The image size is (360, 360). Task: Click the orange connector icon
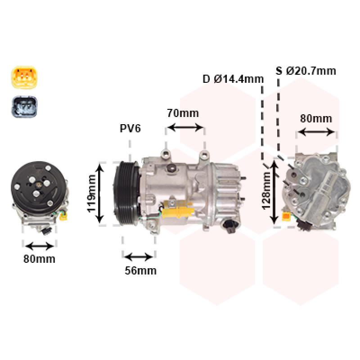[x=24, y=77]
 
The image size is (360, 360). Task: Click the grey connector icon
[x=24, y=107]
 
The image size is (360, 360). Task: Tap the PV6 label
[x=130, y=128]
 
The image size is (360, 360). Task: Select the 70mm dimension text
[x=183, y=113]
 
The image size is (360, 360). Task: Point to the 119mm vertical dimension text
[x=91, y=193]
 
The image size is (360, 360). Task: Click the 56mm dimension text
[x=140, y=271]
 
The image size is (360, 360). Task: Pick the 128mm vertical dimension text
[x=266, y=190]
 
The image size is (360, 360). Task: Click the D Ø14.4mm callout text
[x=233, y=79]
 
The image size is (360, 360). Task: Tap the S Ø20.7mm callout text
[x=306, y=71]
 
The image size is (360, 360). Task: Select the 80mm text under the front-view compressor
[x=39, y=259]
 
